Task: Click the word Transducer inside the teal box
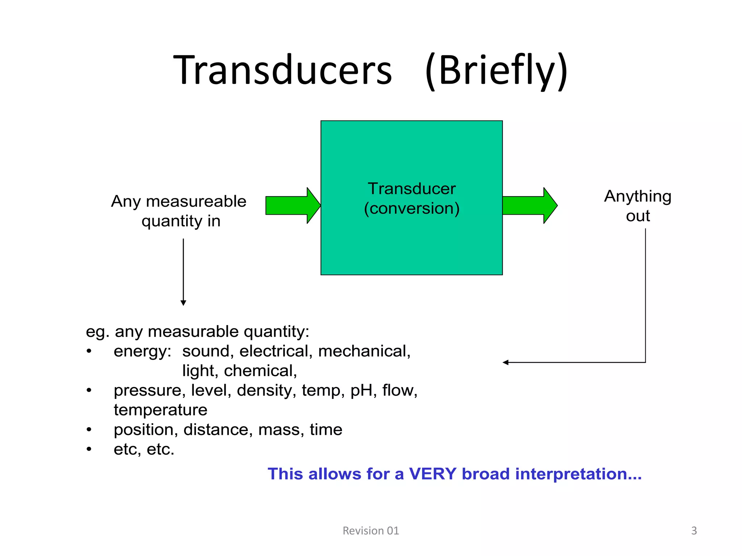412,189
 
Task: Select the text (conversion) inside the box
412,208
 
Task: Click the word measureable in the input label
196,201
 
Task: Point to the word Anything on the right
638,196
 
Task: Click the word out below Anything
638,216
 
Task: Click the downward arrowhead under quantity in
183,303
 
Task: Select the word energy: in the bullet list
142,351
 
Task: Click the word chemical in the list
260,371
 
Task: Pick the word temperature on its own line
161,410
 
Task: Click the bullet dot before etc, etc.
89,449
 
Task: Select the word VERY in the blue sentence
433,474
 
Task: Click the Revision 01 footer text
371,531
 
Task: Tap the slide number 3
694,531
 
